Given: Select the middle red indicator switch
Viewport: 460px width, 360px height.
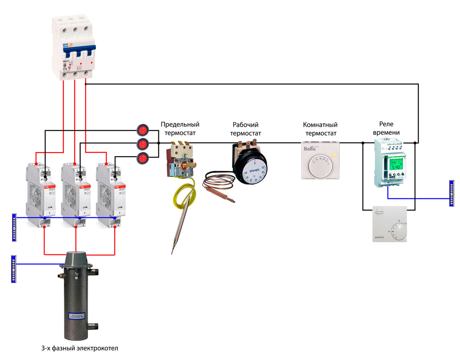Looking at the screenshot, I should (143, 144).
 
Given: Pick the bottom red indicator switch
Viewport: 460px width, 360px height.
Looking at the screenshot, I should (143, 157).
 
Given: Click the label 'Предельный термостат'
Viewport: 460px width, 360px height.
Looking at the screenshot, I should (180, 129).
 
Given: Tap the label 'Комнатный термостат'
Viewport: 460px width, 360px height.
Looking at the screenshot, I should (320, 129).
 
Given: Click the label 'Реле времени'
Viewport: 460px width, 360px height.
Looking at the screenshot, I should (389, 128).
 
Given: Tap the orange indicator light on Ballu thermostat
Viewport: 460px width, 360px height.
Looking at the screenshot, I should (334, 155).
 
